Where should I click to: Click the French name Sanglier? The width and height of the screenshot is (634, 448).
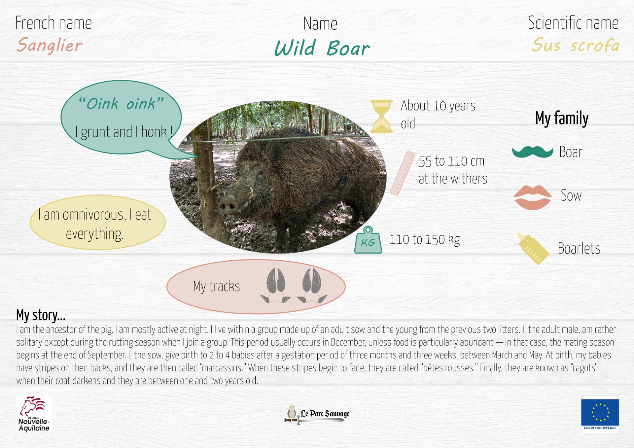(50, 46)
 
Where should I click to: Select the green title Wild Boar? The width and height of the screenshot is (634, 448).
(322, 48)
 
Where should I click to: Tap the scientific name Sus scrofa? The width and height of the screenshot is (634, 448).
(576, 45)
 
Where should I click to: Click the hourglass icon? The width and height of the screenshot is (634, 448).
(381, 116)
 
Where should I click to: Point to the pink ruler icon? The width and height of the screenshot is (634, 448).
(402, 173)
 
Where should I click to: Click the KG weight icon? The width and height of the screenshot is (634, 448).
(368, 240)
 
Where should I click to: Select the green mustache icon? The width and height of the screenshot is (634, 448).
(533, 152)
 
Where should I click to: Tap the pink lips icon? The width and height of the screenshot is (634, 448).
(533, 197)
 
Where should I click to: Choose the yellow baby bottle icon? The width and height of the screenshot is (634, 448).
(533, 248)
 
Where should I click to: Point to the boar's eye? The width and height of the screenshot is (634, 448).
(260, 173)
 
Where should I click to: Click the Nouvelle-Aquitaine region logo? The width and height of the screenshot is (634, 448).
(34, 414)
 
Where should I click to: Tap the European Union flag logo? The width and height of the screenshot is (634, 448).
(600, 414)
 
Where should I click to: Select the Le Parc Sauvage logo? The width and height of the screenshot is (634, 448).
(317, 414)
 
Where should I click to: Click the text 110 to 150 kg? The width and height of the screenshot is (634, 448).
(425, 240)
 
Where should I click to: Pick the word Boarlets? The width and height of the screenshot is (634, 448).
(579, 248)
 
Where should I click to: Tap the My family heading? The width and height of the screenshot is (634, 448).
(562, 118)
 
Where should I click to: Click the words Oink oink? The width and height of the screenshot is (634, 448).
(121, 104)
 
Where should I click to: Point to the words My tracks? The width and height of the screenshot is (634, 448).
(217, 286)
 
